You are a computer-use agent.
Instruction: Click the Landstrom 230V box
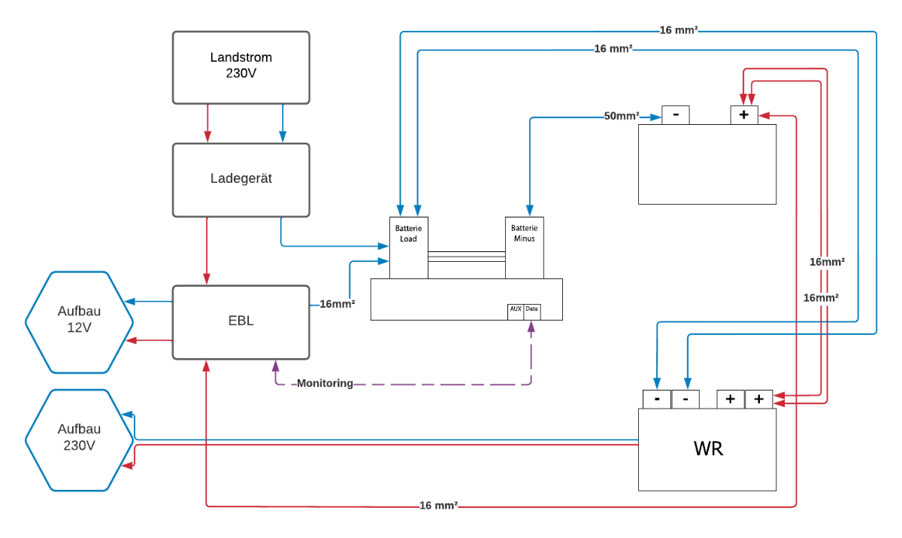241,67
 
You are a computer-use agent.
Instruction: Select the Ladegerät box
241,179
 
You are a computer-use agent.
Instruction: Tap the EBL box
241,321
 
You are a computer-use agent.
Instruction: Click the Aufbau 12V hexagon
79,322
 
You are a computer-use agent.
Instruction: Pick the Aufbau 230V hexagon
79,439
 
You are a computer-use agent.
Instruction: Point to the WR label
708,449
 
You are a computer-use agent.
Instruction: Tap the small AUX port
516,309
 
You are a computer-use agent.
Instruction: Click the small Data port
532,309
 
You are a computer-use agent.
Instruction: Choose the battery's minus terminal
676,115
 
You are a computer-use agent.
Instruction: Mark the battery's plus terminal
744,115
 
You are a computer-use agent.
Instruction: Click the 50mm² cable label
622,117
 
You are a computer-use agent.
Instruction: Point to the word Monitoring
325,384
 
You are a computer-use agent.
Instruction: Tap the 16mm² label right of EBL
337,305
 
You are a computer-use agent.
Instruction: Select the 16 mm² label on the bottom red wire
439,506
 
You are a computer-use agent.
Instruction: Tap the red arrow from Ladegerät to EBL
207,251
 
